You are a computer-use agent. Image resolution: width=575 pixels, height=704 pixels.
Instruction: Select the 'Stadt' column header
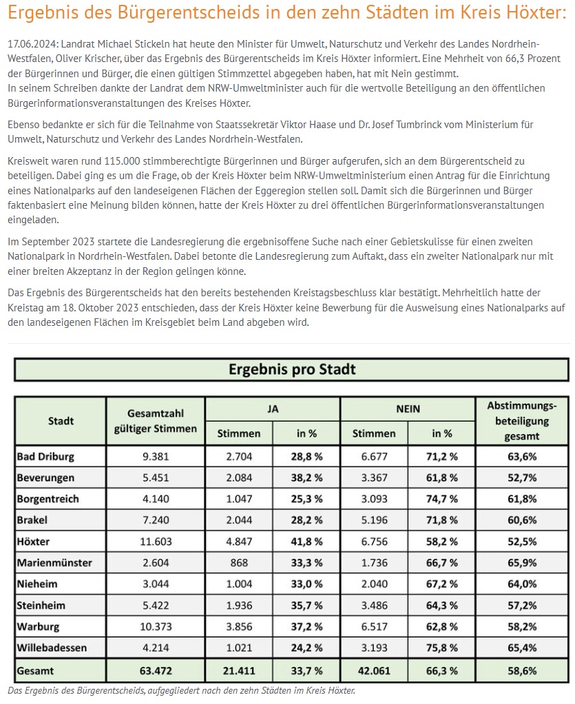(x=61, y=420)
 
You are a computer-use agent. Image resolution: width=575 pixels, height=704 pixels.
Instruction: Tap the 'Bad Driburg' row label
(x=45, y=456)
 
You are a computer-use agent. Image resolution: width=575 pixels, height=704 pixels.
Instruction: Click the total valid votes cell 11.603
(x=155, y=541)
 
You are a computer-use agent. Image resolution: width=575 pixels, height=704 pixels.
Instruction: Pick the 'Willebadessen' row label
(x=52, y=648)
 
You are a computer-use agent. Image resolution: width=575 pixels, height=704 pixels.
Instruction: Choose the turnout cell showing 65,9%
(x=522, y=563)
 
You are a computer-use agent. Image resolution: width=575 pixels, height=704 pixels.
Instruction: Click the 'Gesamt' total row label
(x=37, y=670)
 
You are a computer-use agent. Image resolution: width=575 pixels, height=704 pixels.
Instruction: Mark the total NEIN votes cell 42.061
(x=374, y=670)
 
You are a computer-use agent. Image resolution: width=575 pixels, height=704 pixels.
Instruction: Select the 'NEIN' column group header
(x=408, y=408)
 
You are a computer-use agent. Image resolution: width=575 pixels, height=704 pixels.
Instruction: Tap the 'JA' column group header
(x=273, y=408)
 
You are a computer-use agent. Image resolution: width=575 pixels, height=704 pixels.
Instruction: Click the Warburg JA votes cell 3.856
(x=238, y=627)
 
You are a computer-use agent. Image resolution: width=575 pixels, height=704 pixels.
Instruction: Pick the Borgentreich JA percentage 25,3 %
(x=306, y=499)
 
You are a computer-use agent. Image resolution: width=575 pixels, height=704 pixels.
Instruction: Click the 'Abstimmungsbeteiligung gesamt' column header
(x=522, y=420)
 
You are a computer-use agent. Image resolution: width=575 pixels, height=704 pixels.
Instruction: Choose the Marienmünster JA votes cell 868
(x=238, y=563)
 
